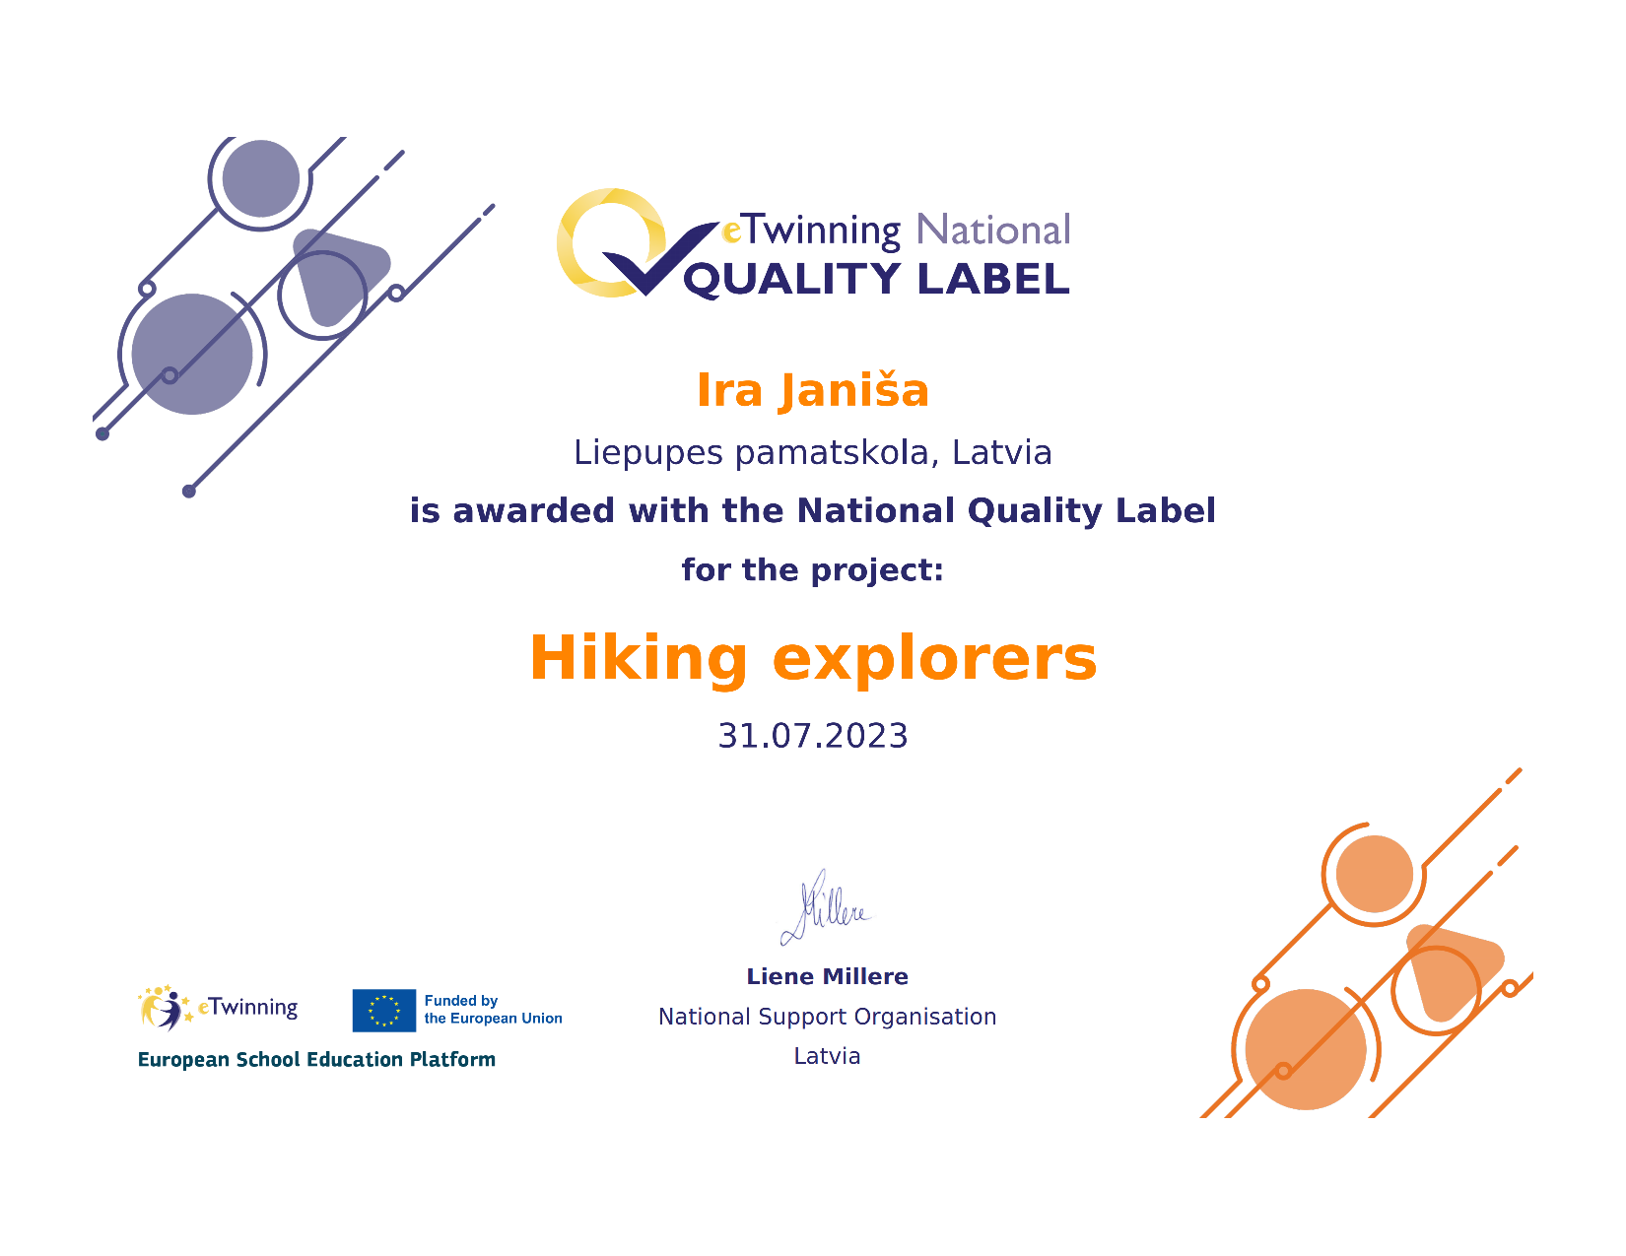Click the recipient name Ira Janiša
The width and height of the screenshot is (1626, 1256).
pyautogui.click(x=812, y=390)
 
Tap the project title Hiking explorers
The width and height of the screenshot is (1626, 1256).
pyautogui.click(x=813, y=658)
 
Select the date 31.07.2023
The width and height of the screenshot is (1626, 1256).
pyautogui.click(x=813, y=735)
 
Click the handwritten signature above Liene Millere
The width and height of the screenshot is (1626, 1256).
pyautogui.click(x=826, y=906)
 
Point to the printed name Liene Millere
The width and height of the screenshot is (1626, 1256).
pyautogui.click(x=827, y=976)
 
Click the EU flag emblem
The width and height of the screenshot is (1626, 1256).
pyautogui.click(x=384, y=1010)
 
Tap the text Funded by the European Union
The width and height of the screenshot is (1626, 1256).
pyautogui.click(x=493, y=1009)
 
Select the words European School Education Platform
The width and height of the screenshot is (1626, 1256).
pyautogui.click(x=316, y=1059)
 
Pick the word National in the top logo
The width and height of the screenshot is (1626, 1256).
pyautogui.click(x=993, y=230)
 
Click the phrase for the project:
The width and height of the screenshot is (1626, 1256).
pyautogui.click(x=813, y=570)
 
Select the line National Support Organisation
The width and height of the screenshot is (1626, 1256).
pyautogui.click(x=827, y=1017)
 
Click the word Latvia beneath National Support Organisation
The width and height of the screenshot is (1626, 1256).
pyautogui.click(x=827, y=1055)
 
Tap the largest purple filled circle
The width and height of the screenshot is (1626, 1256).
pyautogui.click(x=192, y=354)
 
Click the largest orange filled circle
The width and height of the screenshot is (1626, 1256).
pyautogui.click(x=1306, y=1049)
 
